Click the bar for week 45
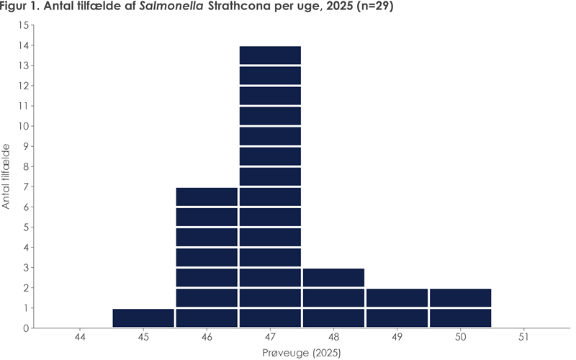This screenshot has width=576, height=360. (143, 318)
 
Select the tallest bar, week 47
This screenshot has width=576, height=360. (270, 187)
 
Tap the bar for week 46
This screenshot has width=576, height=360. (207, 258)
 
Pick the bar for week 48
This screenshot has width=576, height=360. (333, 298)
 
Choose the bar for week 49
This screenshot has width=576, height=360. (397, 308)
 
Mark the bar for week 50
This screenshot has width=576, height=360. (460, 308)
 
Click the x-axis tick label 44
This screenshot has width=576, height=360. (80, 336)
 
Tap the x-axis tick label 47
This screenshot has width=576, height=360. (270, 336)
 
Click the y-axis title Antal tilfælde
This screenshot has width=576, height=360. (6, 176)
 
